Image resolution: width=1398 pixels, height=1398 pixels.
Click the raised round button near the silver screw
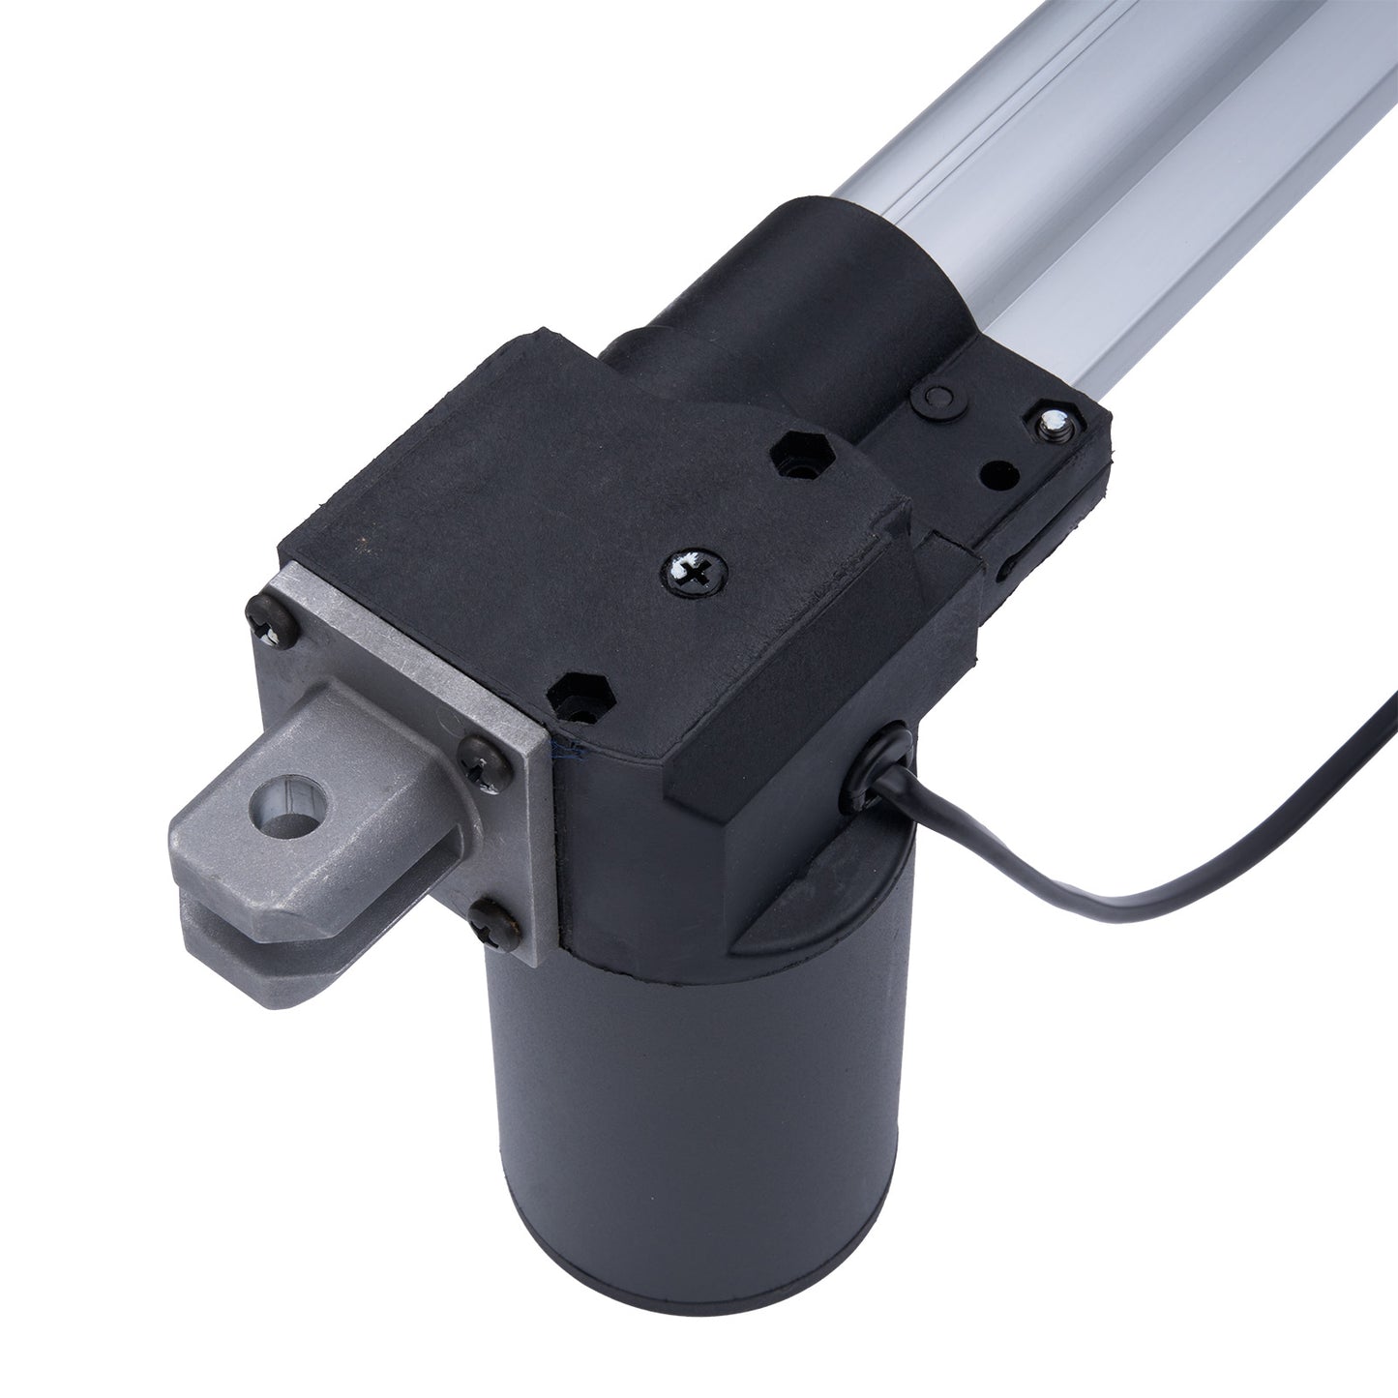click(934, 398)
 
